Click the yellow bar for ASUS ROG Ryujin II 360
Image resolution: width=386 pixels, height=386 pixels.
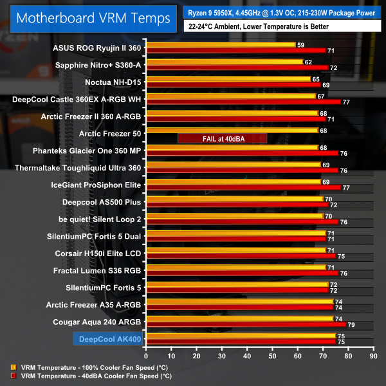tap(220, 45)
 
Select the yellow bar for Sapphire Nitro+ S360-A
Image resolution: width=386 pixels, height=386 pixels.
tap(224, 62)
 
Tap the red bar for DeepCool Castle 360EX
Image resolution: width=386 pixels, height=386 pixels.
tap(243, 102)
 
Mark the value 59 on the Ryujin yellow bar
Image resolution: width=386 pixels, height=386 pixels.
tap(300, 45)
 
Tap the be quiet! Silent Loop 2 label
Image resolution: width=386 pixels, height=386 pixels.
tap(100, 219)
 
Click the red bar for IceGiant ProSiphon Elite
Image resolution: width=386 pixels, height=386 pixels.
tap(243, 188)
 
